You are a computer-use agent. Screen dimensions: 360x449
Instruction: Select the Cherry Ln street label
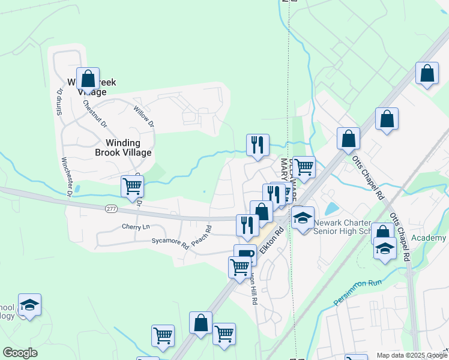click(135, 226)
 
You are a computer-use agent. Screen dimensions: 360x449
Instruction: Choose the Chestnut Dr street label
click(95, 113)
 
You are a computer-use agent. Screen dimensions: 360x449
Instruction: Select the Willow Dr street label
click(143, 116)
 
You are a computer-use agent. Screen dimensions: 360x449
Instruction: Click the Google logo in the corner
click(20, 353)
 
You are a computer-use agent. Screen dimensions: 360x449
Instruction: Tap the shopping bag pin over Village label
click(88, 79)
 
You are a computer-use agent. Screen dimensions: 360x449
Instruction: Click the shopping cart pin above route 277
click(132, 185)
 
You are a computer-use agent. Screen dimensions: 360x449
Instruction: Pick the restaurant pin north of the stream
click(258, 145)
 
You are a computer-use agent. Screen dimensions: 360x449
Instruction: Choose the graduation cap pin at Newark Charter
click(303, 218)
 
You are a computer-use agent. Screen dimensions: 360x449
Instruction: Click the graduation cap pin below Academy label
click(385, 248)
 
